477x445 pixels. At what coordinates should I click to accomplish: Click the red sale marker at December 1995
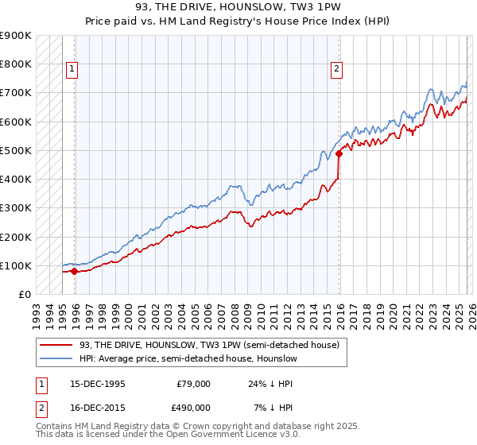click(74, 271)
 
